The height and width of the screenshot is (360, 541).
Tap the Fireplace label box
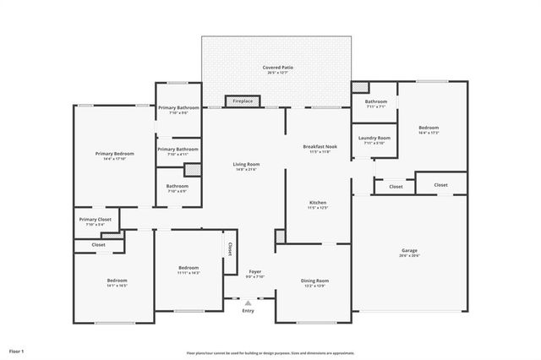point(243,101)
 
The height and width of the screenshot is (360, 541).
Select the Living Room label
point(246,164)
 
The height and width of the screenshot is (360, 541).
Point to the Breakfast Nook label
point(319,146)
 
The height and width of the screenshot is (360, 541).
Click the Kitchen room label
point(318,203)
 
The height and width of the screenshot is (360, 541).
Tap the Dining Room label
point(314,280)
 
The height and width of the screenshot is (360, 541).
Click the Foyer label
point(254,271)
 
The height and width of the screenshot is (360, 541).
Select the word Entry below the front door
point(248,310)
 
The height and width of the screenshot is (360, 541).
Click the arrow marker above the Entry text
point(248,301)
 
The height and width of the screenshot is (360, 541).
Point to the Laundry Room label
point(374,138)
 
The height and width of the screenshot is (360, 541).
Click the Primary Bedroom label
point(113,153)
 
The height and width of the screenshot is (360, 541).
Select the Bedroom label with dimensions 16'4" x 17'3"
point(429,128)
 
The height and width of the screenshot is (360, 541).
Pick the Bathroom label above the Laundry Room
point(376,101)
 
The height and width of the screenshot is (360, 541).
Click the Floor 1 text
point(16,350)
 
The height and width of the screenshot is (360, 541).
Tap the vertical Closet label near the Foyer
point(229,248)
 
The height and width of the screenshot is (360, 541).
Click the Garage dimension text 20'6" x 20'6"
point(409,255)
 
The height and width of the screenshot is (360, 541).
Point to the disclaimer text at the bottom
point(270,353)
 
